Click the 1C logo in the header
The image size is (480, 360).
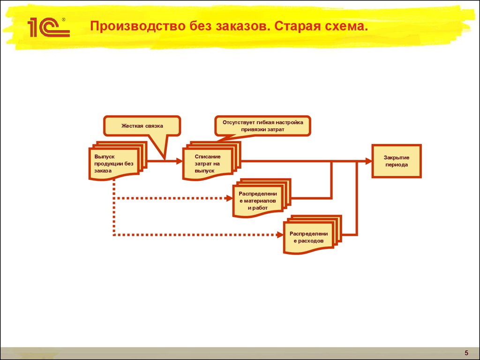tap(48, 27)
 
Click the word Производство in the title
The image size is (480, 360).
tap(138, 26)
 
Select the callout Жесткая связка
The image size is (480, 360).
tap(142, 126)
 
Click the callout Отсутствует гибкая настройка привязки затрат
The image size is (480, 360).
tap(262, 126)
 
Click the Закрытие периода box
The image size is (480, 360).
tap(397, 161)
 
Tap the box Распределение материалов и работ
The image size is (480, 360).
tap(262, 198)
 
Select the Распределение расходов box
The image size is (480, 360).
tap(312, 234)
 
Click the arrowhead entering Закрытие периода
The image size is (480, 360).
tap(368, 161)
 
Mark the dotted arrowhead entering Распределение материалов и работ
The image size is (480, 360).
tap(229, 198)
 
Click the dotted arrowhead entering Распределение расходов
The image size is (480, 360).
tap(280, 235)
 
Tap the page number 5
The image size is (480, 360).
tap(466, 352)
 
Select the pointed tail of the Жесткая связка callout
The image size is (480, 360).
tap(165, 159)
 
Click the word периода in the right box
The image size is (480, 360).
tap(397, 165)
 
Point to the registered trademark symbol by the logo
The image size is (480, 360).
tap(64, 20)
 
